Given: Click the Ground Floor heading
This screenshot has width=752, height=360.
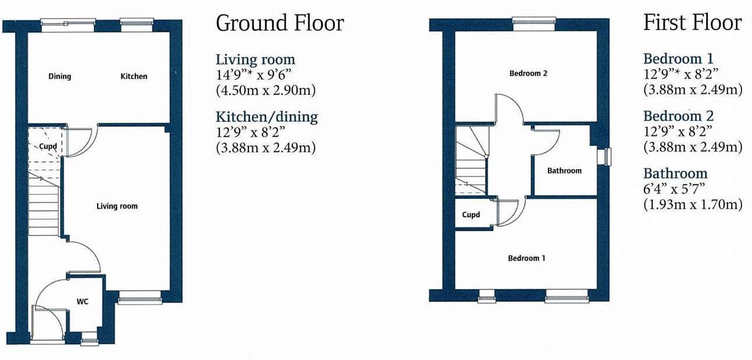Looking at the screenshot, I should tap(280, 23).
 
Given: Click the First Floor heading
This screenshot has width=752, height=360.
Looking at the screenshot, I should tap(692, 23).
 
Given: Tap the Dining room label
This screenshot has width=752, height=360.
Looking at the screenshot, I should tap(59, 76).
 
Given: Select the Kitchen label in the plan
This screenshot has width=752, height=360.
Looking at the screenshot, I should tap(134, 76).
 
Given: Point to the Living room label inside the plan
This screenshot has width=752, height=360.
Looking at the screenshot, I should tap(117, 206).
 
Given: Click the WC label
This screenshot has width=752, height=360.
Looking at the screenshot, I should tap(82, 302).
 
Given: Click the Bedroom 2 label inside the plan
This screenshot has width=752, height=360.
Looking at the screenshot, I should tap(528, 73).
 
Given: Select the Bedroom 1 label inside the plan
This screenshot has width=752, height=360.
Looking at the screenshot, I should tap(526, 258).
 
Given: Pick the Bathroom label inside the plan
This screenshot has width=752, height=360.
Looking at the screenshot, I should tap(564, 170).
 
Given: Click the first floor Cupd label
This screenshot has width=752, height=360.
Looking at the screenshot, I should tap(471, 215).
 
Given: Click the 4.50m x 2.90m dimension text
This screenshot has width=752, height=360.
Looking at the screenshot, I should tap(266, 90).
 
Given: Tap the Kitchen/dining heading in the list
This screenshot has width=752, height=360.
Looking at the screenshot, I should tap(266, 116).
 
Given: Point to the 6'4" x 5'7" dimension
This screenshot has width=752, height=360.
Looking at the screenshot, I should tap(673, 188).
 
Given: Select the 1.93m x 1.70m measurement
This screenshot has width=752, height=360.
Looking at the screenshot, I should tap(693, 204).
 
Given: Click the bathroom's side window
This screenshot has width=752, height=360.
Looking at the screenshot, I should tap(607, 156).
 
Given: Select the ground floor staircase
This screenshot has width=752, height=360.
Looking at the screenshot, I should tap(44, 206).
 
